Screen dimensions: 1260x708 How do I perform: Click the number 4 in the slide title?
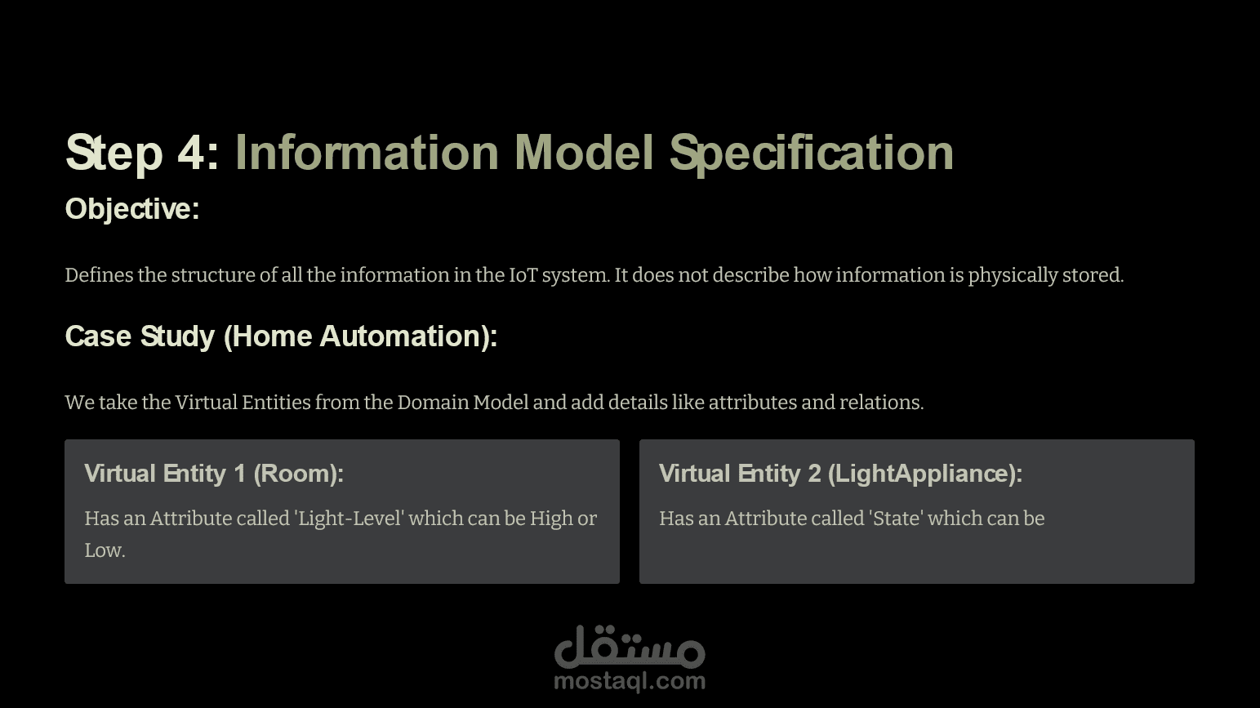[x=191, y=153]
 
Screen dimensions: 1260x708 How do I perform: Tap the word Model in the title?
[x=584, y=152]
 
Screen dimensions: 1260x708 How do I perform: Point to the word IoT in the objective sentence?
[x=523, y=275]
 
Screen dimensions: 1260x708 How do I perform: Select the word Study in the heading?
[x=178, y=337]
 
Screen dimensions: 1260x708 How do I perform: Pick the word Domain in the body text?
[x=433, y=403]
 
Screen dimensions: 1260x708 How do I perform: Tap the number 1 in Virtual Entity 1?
[x=239, y=474]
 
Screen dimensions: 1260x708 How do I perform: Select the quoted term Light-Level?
[x=350, y=518]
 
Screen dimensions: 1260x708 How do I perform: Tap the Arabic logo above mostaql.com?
[x=630, y=646]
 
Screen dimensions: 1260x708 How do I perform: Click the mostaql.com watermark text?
[x=630, y=682]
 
